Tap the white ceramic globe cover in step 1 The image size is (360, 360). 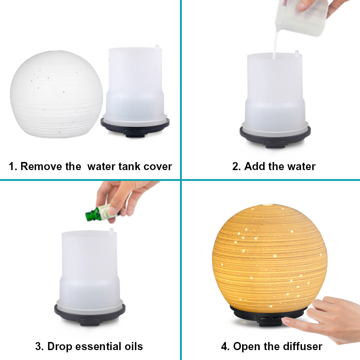[x=57, y=94]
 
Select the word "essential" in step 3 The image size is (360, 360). [x=102, y=346]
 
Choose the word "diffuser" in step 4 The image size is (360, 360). [x=302, y=346]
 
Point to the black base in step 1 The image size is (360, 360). [x=135, y=127]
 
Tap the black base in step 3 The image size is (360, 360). [x=90, y=315]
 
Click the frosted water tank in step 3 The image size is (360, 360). [x=90, y=269]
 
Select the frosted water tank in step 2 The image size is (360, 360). [x=275, y=92]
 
